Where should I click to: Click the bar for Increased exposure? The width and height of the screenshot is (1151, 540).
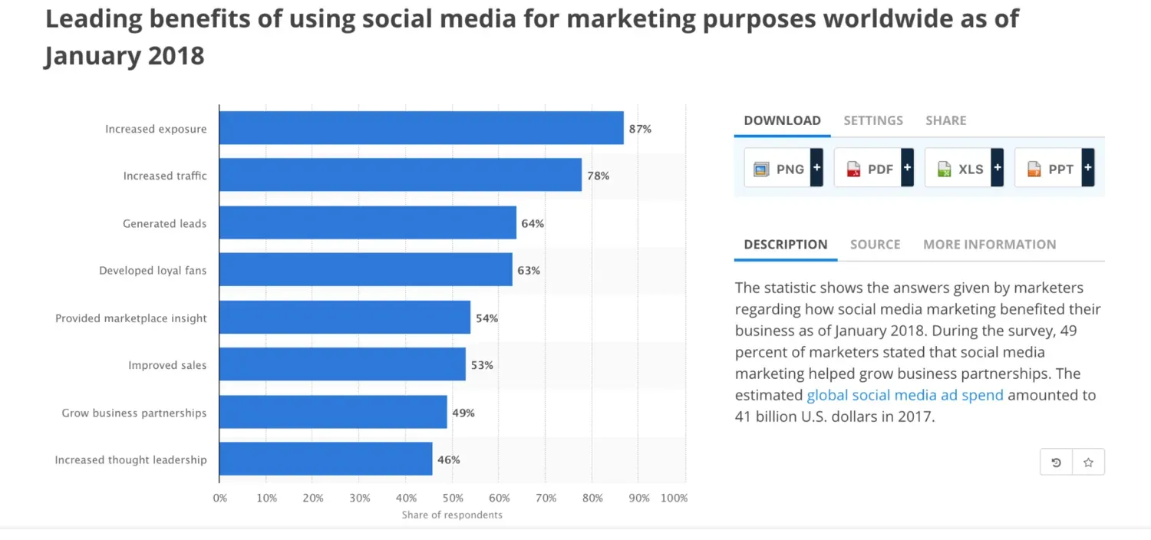420,128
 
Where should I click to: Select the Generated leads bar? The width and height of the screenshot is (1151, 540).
368,223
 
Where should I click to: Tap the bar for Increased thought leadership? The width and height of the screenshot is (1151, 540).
325,459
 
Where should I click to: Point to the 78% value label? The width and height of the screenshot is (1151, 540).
599,176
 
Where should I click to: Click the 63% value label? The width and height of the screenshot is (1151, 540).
529,271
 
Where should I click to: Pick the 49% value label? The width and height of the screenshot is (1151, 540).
463,413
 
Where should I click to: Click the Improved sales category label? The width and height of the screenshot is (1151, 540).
167,365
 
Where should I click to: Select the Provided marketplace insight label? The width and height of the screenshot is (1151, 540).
131,318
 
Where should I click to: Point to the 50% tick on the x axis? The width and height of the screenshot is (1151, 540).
452,498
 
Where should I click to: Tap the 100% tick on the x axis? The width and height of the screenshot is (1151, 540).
674,498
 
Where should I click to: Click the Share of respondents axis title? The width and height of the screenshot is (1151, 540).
452,515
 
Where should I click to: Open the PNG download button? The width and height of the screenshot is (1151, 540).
783,169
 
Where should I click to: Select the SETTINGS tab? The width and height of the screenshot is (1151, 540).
873,120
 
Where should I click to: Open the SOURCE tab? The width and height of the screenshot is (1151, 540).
875,245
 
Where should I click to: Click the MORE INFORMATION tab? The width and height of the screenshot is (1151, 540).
989,245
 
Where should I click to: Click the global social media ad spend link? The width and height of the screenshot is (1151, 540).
905,396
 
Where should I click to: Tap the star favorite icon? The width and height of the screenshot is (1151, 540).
1088,463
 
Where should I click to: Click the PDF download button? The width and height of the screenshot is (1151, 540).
873,169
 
